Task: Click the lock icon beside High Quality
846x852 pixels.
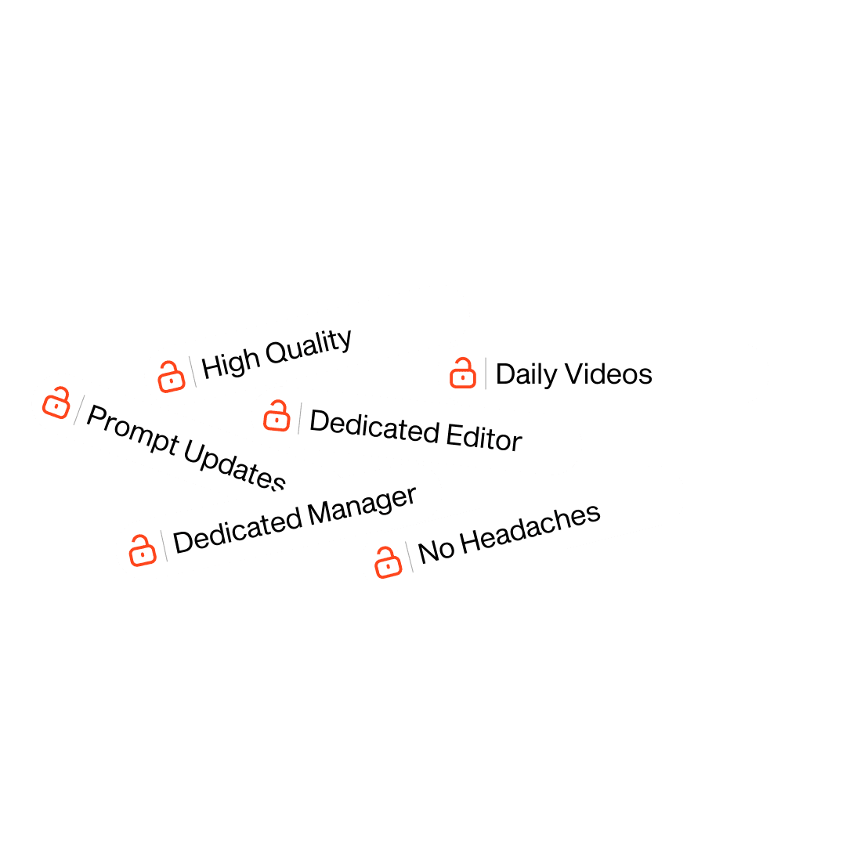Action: tap(172, 377)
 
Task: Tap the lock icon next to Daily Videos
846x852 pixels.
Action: tap(463, 373)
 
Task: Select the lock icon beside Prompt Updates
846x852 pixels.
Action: tap(56, 403)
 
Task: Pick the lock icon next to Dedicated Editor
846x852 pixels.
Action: tap(277, 416)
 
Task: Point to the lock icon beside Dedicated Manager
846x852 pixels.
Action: tap(143, 551)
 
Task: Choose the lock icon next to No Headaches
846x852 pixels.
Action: tap(389, 562)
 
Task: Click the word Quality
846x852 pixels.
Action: tap(309, 346)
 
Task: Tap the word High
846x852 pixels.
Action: tap(230, 364)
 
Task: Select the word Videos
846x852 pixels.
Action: tap(609, 374)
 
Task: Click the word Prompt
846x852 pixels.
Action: tap(133, 429)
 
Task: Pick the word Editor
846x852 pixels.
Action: tap(484, 437)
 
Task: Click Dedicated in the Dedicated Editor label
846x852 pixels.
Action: tap(374, 426)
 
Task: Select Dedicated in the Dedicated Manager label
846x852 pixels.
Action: tap(237, 530)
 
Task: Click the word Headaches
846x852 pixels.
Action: tap(530, 529)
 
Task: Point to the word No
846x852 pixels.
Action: tap(436, 551)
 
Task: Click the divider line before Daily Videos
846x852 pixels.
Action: tap(486, 374)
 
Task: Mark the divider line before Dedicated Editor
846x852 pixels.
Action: tap(299, 418)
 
